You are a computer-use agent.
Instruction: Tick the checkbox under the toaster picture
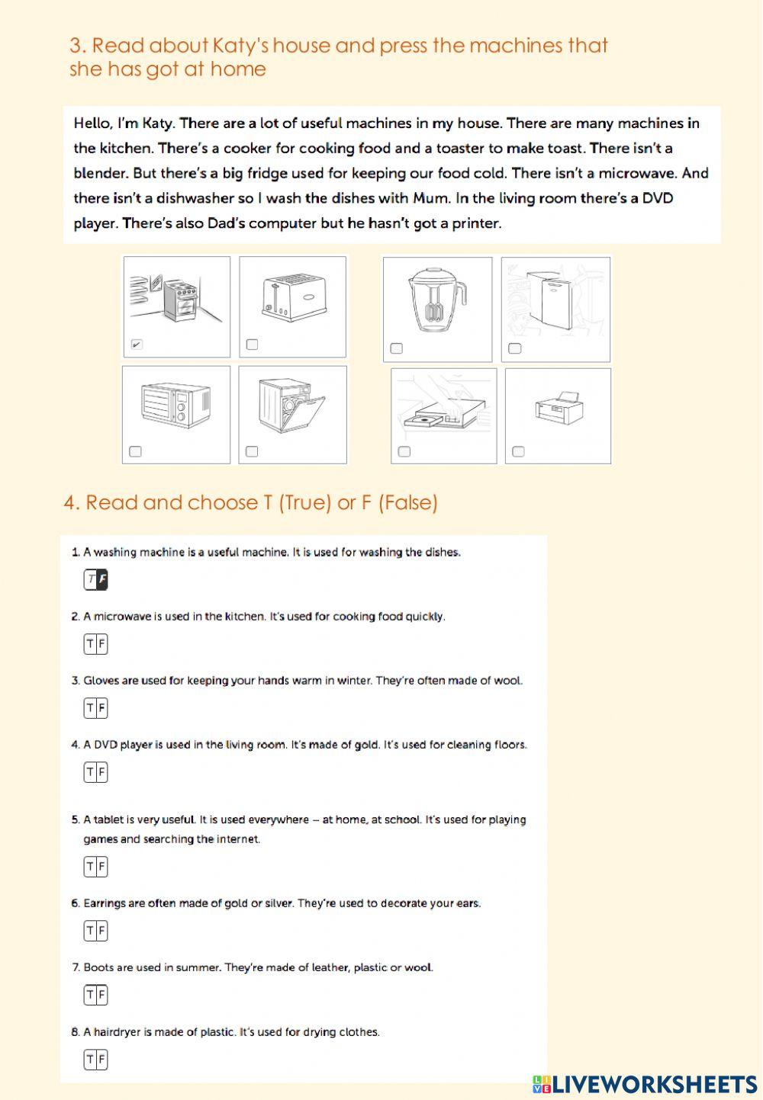(x=253, y=345)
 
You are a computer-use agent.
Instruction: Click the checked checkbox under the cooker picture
(x=137, y=345)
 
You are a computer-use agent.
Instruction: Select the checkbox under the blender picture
(x=396, y=348)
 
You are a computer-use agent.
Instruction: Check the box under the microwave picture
(x=135, y=451)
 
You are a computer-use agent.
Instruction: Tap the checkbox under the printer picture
(x=518, y=451)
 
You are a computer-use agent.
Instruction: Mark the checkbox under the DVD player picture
(x=404, y=451)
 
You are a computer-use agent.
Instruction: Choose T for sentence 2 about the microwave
(x=90, y=644)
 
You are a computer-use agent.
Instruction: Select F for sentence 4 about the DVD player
(x=102, y=772)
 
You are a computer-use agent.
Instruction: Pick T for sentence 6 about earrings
(x=90, y=931)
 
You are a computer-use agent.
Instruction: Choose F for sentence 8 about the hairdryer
(x=102, y=1060)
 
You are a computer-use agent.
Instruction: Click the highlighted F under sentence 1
(x=102, y=580)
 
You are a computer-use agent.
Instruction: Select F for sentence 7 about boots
(x=102, y=995)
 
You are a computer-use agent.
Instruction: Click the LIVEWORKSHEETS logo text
(x=653, y=1084)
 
